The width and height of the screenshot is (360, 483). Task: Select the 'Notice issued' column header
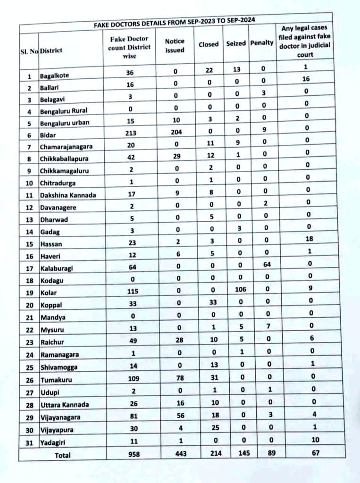coord(175,46)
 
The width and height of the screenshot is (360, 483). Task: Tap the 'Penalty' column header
coord(262,43)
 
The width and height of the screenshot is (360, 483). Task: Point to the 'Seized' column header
coord(236,43)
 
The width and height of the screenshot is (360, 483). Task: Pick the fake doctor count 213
coord(131,133)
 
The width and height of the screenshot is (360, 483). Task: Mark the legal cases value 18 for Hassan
coord(310,239)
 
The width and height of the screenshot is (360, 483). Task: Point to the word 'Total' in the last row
coord(63,455)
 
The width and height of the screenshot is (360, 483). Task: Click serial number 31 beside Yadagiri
coord(29,442)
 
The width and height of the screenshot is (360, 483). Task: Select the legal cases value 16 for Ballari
coord(306,79)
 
